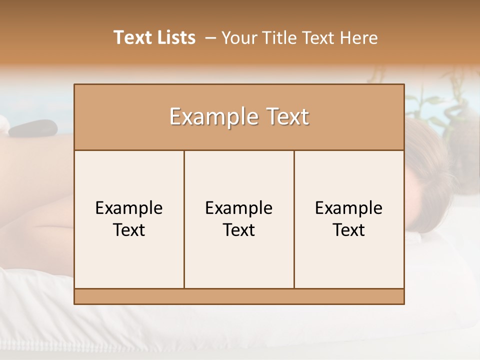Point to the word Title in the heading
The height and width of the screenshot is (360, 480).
coord(283,37)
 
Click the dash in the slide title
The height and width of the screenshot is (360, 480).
coord(210,38)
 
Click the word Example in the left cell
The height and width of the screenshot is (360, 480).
coord(129,208)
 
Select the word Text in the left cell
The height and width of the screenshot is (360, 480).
coord(129,230)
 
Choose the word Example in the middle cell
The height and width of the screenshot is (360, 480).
coord(239,208)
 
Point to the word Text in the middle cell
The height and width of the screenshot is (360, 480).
coord(239,230)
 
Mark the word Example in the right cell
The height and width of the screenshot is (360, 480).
coord(348,208)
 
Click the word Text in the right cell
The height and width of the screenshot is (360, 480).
coord(348,230)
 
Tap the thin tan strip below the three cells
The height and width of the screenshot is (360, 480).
coord(239,296)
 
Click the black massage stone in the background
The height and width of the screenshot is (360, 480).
coord(33,128)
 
